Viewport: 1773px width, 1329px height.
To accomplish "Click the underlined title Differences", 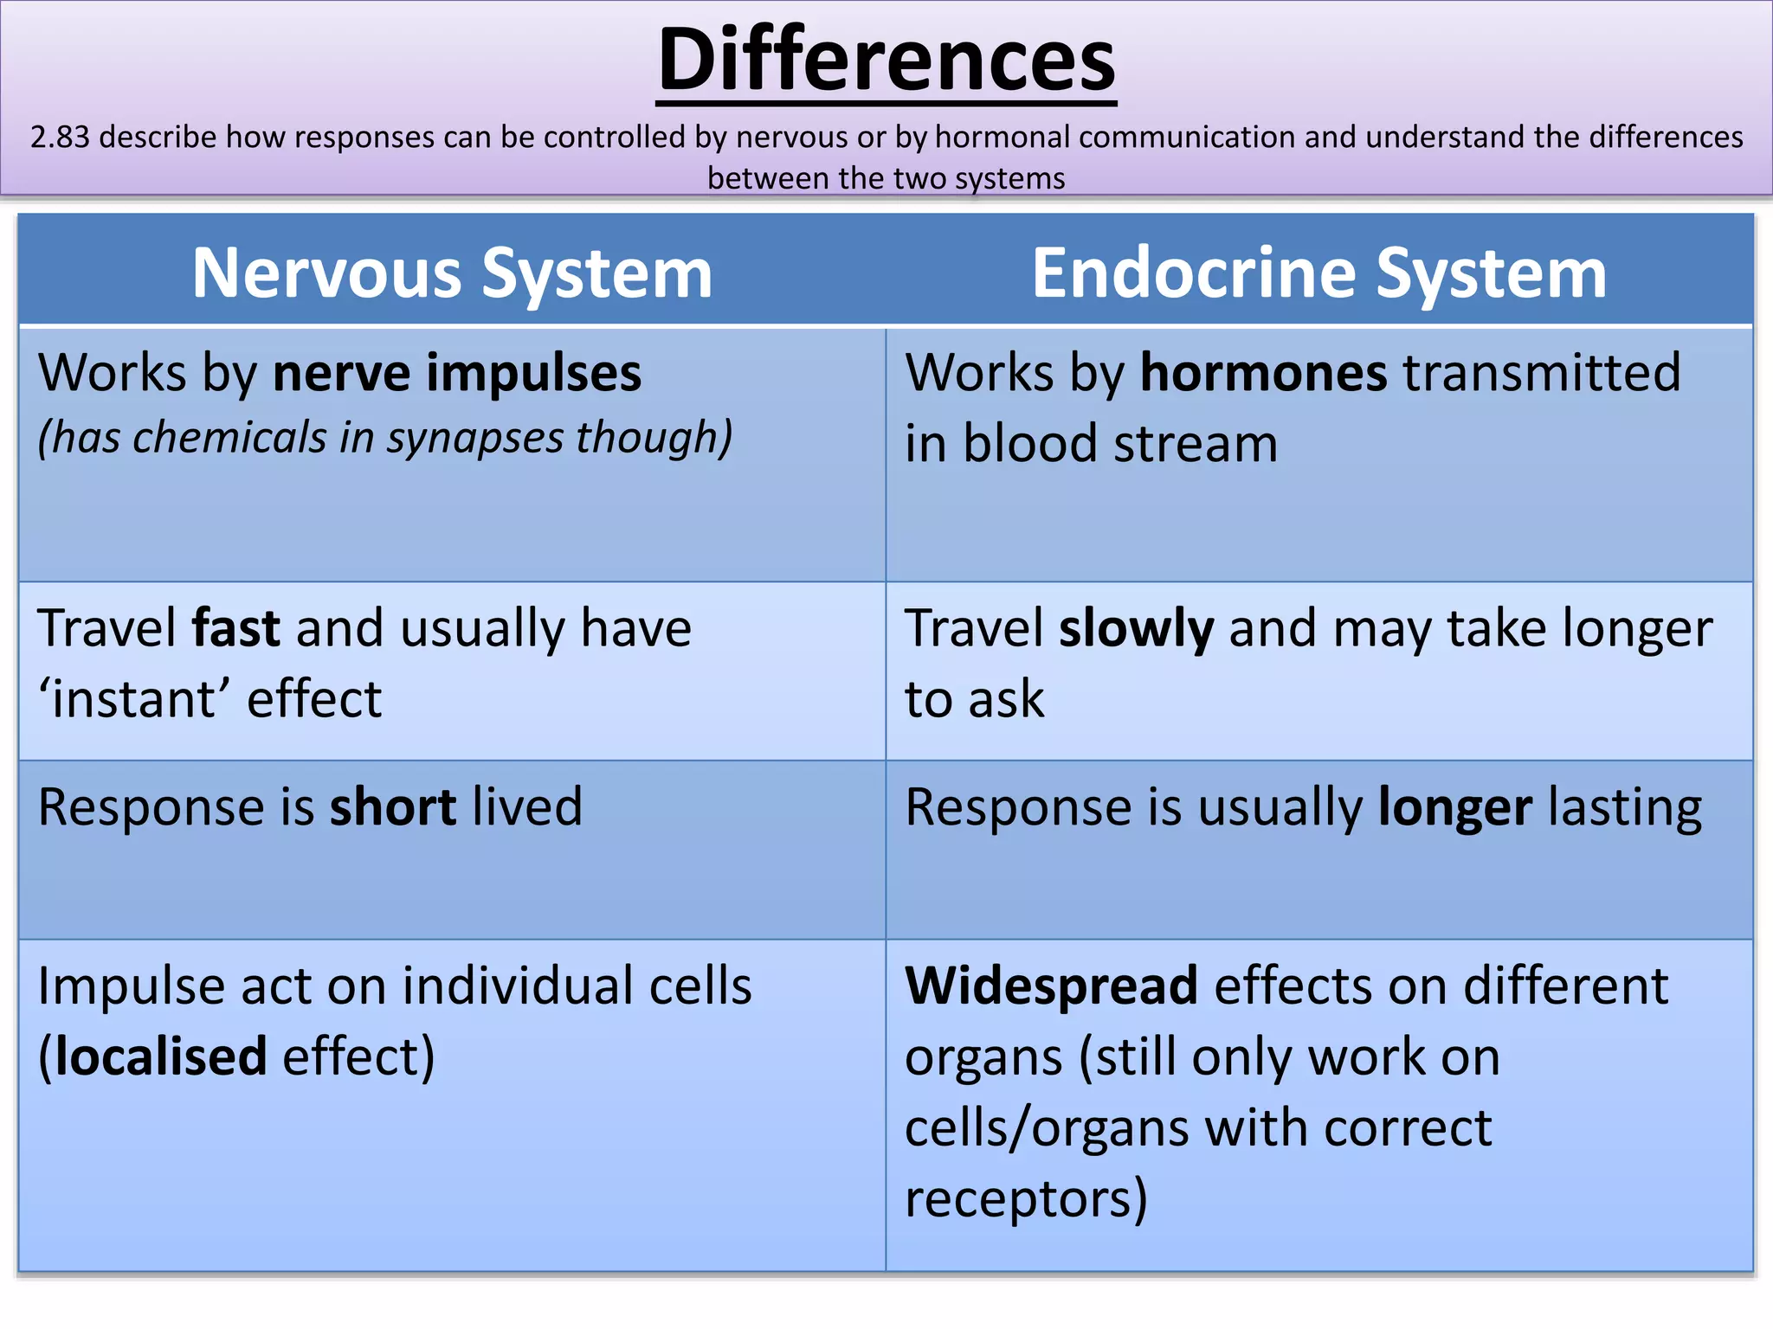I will (x=886, y=61).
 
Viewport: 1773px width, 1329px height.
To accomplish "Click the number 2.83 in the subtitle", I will (x=60, y=138).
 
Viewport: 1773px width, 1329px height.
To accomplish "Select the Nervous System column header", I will (x=452, y=273).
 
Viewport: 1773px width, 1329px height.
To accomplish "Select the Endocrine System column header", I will (x=1318, y=273).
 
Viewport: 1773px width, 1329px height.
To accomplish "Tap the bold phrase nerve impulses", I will (x=457, y=374).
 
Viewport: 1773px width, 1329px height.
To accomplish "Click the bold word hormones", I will (x=1263, y=374).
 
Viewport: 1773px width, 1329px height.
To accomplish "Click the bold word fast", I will (x=235, y=628).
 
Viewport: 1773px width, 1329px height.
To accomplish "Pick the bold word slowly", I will (x=1136, y=628).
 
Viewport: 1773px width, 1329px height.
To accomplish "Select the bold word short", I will (x=393, y=808).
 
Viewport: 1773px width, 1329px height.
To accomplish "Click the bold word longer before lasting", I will (x=1454, y=808).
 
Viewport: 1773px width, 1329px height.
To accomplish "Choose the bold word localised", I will (x=161, y=1057).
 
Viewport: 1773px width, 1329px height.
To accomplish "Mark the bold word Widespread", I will (x=1051, y=986).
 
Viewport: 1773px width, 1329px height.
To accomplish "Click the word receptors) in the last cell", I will (x=1026, y=1199).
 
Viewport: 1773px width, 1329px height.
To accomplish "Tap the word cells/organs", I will (x=1047, y=1128).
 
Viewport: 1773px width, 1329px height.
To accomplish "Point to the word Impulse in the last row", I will (x=131, y=986).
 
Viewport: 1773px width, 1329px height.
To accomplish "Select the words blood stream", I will (x=1120, y=445).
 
